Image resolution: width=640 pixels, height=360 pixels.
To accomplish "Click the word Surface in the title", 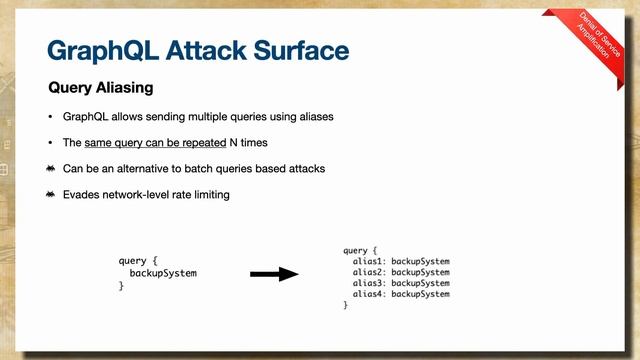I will (298, 50).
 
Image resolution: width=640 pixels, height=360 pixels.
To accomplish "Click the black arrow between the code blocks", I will (274, 273).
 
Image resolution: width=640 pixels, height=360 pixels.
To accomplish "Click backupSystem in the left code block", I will (163, 273).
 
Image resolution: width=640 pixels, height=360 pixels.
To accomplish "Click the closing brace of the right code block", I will (346, 305).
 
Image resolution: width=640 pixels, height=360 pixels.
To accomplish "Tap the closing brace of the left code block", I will (121, 286).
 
